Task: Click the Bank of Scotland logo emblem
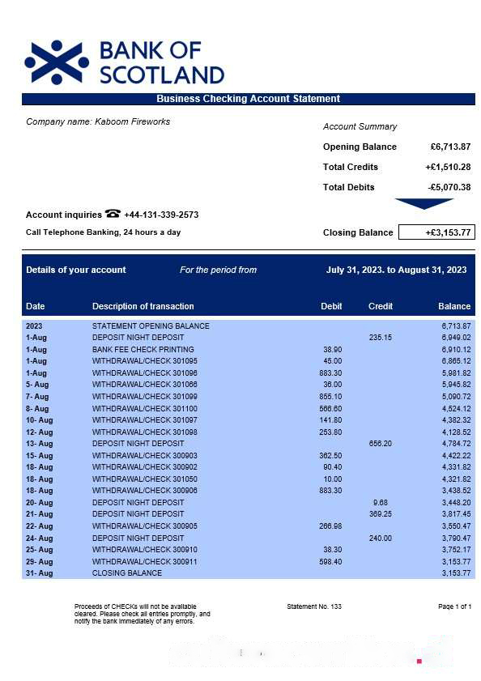tap(57, 62)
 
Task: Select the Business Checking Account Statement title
tap(248, 99)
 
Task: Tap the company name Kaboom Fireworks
tap(98, 121)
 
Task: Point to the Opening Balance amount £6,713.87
tap(450, 147)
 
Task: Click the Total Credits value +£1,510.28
tap(448, 167)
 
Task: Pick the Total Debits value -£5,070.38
tap(449, 187)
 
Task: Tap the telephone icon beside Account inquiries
tap(113, 214)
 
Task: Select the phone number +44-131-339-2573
tap(161, 215)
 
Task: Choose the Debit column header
tap(331, 306)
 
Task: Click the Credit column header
tap(380, 306)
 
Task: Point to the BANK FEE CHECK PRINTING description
tap(143, 349)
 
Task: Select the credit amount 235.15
tap(380, 338)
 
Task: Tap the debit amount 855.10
tap(331, 397)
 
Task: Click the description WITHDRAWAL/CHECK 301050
tap(144, 479)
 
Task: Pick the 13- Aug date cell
tap(39, 444)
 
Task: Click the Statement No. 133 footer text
tap(314, 607)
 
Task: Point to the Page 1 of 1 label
tap(454, 607)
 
